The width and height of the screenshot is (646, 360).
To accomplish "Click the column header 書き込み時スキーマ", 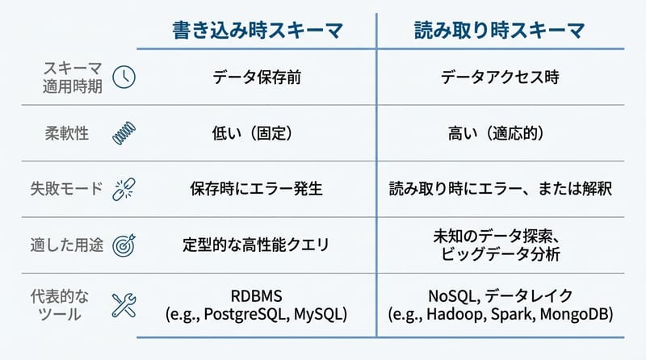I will (258, 31).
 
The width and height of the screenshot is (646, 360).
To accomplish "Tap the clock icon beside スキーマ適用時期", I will (124, 77).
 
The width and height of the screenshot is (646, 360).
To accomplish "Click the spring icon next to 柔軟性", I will (124, 133).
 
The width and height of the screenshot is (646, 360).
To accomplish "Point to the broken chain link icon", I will (124, 190).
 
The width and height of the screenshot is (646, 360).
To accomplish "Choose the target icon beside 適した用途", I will (124, 245).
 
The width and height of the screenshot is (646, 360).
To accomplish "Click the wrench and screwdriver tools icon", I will (124, 304).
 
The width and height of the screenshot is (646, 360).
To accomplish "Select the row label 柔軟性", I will (66, 133).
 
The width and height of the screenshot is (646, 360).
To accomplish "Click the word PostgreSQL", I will (246, 313).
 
